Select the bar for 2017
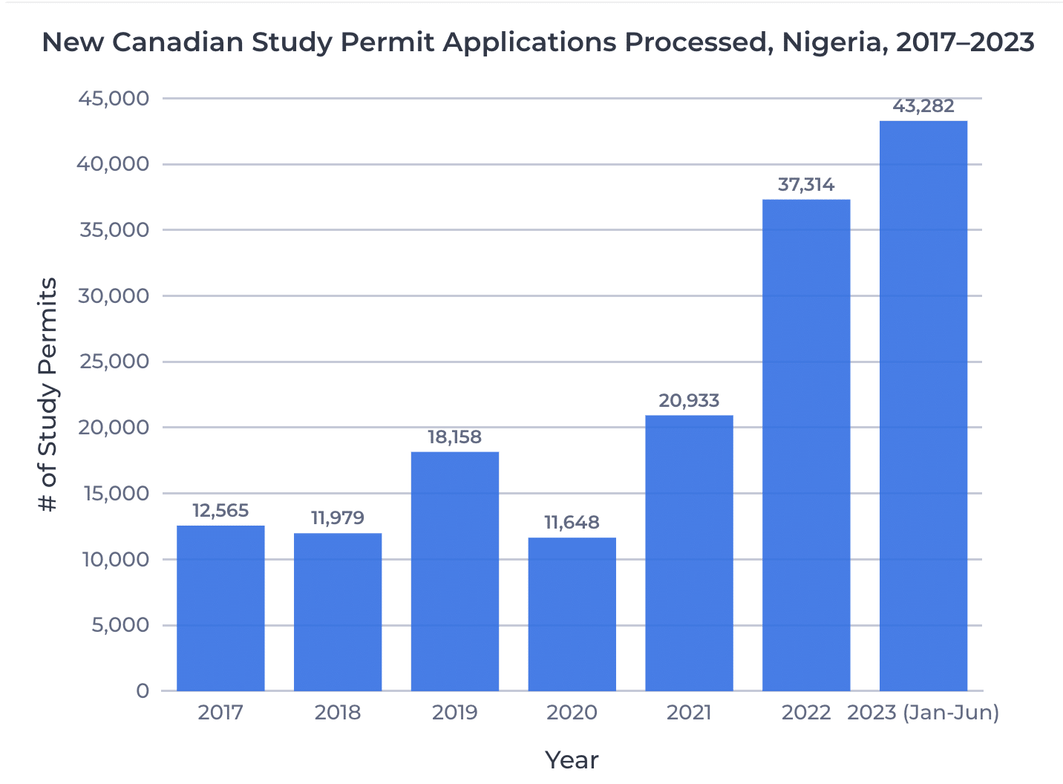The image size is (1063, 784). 220,608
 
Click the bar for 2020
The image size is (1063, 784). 572,614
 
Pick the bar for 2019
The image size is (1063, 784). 454,571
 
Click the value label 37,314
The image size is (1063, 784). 806,185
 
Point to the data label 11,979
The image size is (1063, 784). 338,518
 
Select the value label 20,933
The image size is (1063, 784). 689,401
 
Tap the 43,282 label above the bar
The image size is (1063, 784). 923,106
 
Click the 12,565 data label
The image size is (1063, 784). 220,511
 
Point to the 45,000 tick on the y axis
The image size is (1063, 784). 114,99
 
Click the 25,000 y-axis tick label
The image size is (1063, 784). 114,362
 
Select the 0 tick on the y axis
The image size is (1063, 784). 143,691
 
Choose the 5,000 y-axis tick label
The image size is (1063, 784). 120,625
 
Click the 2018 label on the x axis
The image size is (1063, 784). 338,713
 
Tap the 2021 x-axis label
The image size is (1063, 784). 689,713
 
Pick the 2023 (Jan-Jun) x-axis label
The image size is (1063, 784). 923,713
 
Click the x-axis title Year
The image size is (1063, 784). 572,760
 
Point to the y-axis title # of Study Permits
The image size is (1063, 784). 48,395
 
